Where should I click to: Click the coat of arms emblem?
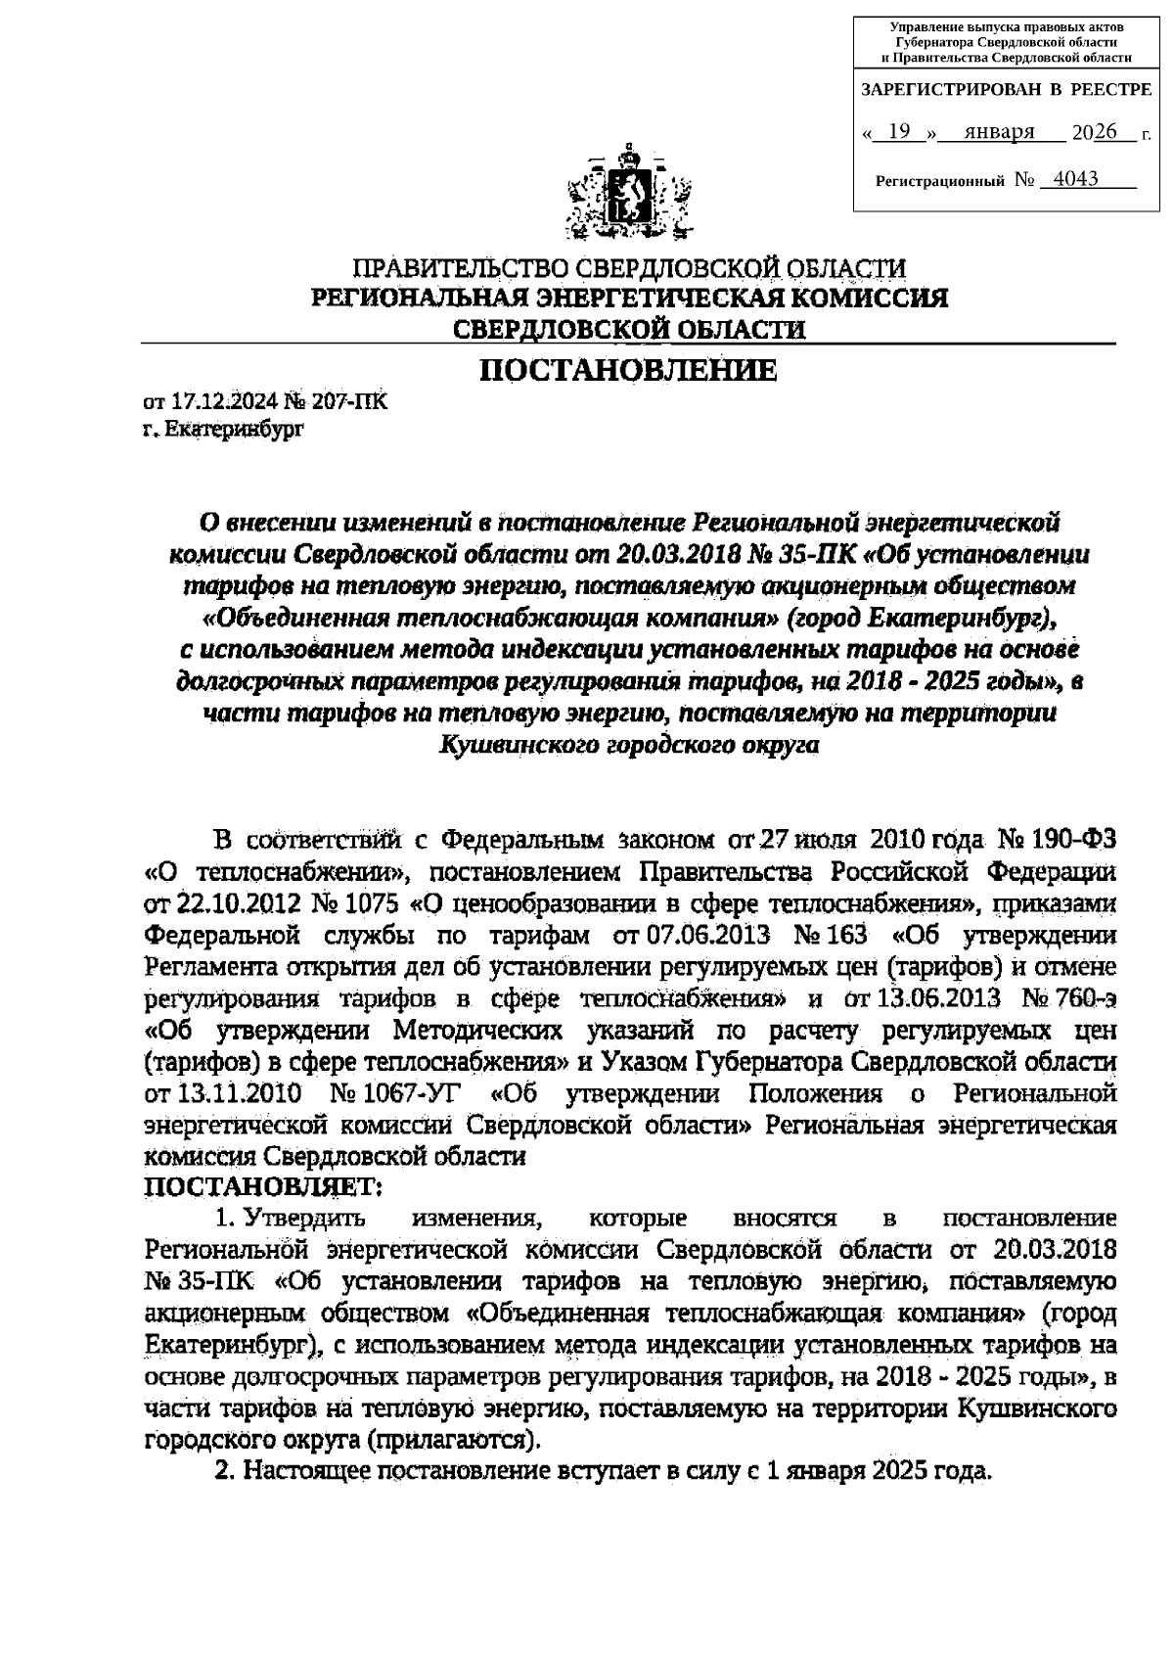coord(629,194)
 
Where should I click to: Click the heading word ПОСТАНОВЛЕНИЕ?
coord(627,371)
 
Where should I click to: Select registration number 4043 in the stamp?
coord(1069,179)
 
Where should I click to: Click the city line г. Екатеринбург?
coord(224,429)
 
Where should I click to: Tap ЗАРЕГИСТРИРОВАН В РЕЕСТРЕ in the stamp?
coord(1006,90)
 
